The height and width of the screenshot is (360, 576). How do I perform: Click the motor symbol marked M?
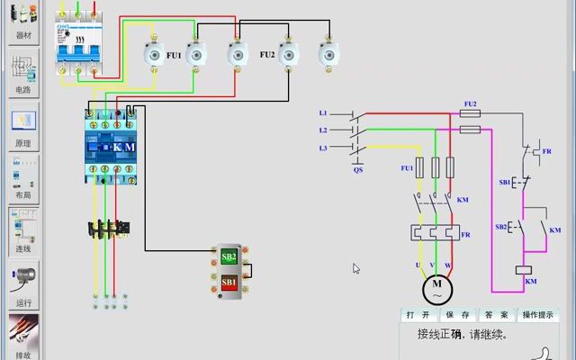coord(437,289)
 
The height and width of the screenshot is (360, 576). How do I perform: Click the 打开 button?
coord(417,315)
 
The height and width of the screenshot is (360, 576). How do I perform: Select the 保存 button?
coord(458,315)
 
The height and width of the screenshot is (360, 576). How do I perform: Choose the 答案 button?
coord(497,315)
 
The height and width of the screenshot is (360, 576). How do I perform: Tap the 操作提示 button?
coord(538,315)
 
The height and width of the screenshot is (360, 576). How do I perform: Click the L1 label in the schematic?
coord(324,113)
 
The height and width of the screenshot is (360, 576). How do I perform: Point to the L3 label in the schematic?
coord(324,148)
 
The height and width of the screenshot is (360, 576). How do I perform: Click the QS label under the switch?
coord(358,169)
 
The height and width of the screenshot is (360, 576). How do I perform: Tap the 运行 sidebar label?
coord(23,303)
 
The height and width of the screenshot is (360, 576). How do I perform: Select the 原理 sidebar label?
coord(23,143)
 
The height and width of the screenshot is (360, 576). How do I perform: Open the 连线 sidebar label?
coord(23,248)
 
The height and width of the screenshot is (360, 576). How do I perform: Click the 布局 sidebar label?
coord(23,195)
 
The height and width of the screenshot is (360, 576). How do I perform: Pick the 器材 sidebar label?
coord(23,37)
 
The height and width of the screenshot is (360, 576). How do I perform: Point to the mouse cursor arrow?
coord(356,268)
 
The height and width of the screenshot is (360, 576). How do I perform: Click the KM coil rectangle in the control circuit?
coord(523,269)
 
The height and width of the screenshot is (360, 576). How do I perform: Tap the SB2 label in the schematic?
coord(500,227)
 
